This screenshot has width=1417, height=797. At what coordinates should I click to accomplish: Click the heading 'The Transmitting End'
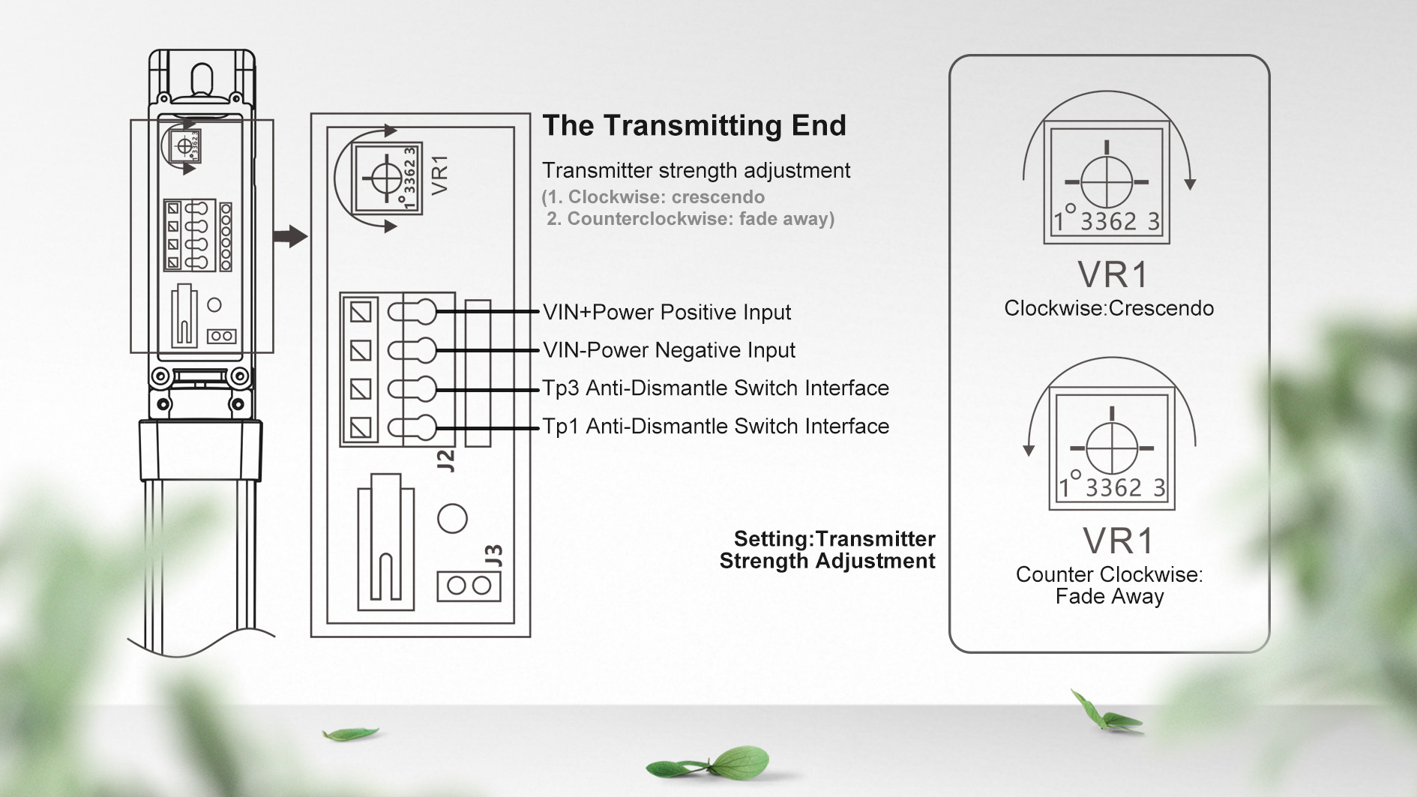pos(694,125)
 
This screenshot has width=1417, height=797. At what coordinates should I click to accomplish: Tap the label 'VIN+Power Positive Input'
pos(667,312)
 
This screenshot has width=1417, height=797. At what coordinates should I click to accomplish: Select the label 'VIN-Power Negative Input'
pos(669,350)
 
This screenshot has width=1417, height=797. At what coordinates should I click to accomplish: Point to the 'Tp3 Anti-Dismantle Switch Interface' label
pos(716,388)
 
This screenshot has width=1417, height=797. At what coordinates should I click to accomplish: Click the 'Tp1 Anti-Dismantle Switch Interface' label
pos(716,426)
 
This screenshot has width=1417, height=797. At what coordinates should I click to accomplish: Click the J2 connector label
pos(446,460)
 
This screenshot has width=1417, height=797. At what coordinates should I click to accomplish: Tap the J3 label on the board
pos(493,556)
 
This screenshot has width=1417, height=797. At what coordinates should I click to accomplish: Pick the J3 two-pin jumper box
pos(469,586)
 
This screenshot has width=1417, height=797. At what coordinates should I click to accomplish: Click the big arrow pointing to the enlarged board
pos(290,236)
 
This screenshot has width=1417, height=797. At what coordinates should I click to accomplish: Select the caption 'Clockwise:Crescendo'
pos(1109,308)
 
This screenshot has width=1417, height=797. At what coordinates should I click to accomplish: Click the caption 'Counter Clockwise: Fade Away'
pos(1110,586)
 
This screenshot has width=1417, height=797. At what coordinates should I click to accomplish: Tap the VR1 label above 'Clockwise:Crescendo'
pos(1113,275)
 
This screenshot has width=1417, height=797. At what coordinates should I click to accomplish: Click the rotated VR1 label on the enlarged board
pos(440,175)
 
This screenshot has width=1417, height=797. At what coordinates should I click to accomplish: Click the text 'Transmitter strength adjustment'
pos(697,171)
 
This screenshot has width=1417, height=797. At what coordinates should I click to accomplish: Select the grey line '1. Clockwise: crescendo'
pos(653,197)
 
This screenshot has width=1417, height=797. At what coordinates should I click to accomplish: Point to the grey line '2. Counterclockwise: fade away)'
pos(691,219)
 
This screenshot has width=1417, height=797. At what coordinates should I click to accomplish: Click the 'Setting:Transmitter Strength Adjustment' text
pos(827,550)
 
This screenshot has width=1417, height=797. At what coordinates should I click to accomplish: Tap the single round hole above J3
pos(452,518)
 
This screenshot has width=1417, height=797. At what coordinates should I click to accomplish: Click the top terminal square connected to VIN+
pos(361,312)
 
